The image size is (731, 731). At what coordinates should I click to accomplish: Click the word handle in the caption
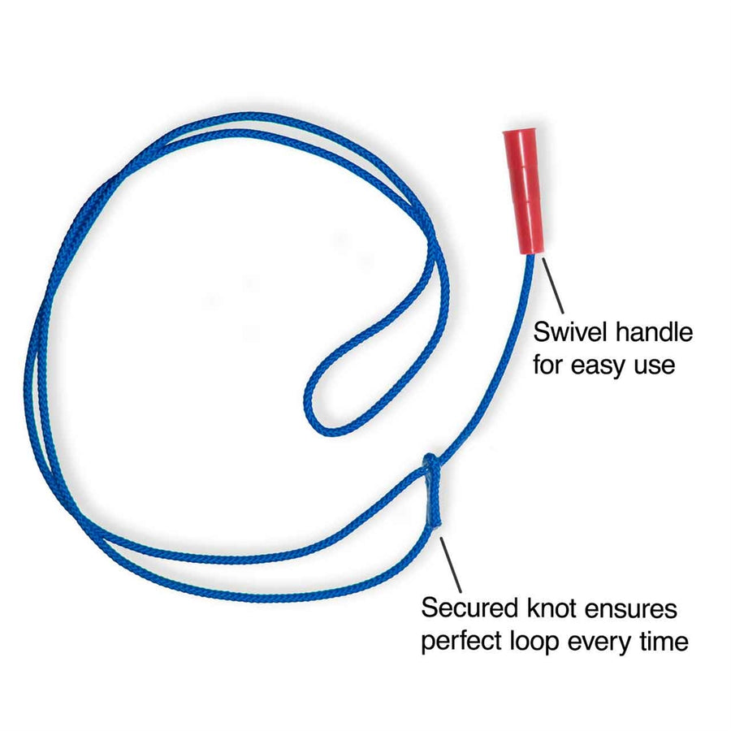tap(654, 332)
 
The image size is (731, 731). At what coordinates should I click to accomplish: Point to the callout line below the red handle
tap(553, 285)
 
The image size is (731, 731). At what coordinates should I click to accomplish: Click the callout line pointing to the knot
tap(450, 564)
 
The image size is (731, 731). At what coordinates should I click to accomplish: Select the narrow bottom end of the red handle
tap(531, 253)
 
